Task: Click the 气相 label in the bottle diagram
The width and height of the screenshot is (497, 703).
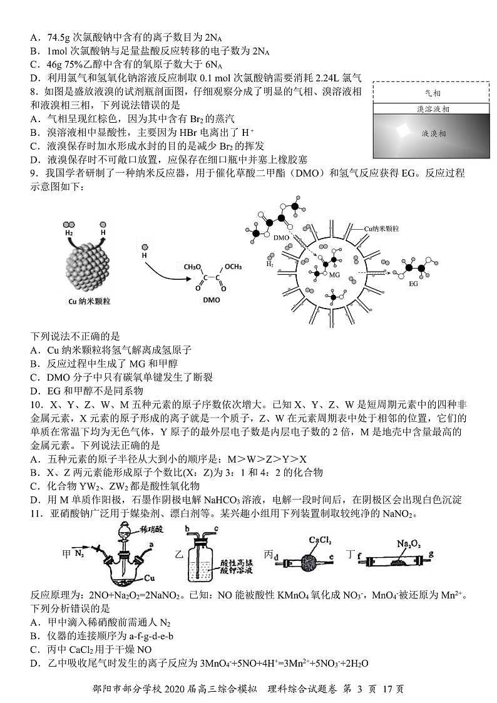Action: coord(433,93)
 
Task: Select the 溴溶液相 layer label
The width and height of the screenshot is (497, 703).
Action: coord(432,109)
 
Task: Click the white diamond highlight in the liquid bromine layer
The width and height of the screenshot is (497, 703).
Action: coord(399,132)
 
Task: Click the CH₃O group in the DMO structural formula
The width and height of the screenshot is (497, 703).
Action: coord(195,267)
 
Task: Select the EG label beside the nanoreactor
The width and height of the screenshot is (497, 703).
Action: coord(413,284)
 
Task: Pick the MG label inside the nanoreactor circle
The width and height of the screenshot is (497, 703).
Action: coord(334,275)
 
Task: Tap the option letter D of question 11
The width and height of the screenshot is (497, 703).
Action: coord(34,663)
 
